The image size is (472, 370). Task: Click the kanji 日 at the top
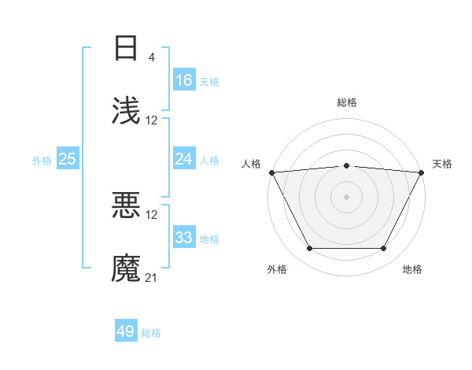point(127,48)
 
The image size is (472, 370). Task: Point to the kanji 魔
point(127,268)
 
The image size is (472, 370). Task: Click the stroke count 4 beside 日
point(151,57)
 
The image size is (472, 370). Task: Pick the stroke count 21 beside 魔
point(152,278)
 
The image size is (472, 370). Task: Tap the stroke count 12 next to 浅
point(152,120)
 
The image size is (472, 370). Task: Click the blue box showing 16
point(184,80)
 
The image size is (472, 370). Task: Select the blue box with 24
point(184,159)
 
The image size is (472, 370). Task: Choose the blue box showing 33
point(184,238)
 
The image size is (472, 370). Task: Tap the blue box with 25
point(68,159)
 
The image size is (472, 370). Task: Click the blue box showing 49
point(126,331)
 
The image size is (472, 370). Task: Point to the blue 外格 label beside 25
point(42,160)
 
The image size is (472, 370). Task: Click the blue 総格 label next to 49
point(151,332)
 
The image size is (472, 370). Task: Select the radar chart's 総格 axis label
point(347,102)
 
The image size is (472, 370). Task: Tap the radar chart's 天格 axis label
point(442,164)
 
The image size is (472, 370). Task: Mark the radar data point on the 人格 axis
point(271,172)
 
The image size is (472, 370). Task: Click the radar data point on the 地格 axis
point(384,249)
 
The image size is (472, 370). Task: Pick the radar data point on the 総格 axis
point(347,165)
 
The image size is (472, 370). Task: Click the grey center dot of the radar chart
point(347,196)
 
